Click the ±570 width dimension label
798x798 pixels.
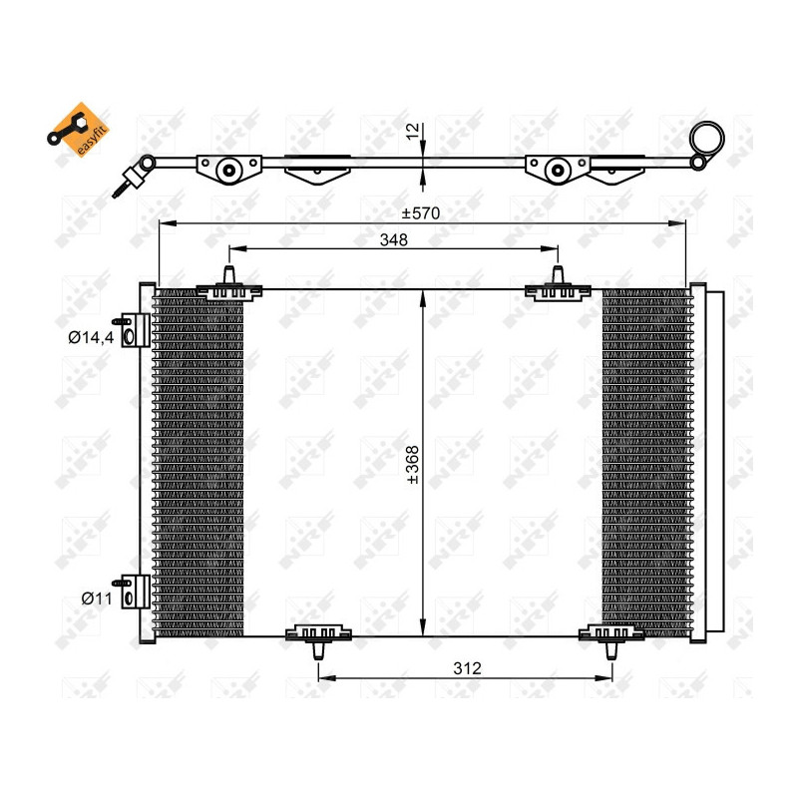pos(421,212)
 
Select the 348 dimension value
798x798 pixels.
pos(393,239)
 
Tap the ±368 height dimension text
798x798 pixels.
pos(411,465)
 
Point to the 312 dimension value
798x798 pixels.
pos(465,668)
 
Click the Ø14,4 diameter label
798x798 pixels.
pos(90,337)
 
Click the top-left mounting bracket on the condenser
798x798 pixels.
pos(229,287)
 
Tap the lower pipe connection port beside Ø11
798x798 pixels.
pos(131,591)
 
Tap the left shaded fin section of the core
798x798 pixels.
pos(199,464)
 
